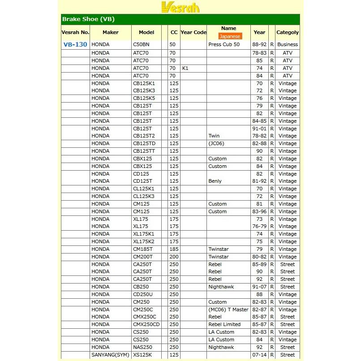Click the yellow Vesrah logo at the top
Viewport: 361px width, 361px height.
point(180,7)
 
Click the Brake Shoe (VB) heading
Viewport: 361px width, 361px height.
point(88,19)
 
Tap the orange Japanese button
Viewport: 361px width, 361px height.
point(230,36)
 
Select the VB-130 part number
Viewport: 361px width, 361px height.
point(75,45)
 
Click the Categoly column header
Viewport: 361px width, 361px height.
point(287,32)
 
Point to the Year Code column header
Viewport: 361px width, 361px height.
point(193,32)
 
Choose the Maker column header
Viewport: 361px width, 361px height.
point(110,32)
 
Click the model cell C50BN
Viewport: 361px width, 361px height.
point(142,45)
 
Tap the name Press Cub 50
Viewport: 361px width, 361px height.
point(224,45)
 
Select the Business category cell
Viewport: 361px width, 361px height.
point(287,45)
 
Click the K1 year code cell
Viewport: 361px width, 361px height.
point(185,68)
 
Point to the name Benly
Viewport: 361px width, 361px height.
point(215,181)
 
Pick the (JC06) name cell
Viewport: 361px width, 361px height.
point(217,144)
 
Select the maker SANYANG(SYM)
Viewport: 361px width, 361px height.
point(110,355)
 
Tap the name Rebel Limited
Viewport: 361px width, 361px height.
point(224,325)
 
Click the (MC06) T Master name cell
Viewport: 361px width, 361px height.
point(228,309)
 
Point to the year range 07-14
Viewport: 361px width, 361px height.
point(259,355)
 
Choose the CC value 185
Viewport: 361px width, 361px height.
point(174,249)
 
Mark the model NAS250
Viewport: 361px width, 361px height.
point(142,347)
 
